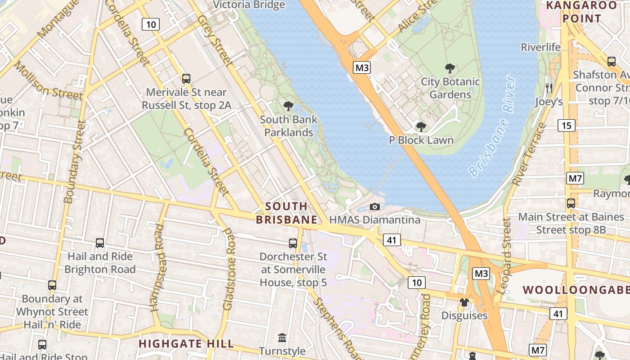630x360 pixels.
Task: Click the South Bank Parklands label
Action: (288, 126)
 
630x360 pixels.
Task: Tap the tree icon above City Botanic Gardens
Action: (450, 68)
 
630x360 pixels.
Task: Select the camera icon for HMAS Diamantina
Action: (374, 207)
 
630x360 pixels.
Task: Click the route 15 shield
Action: (566, 126)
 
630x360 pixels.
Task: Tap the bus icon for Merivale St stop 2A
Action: (186, 79)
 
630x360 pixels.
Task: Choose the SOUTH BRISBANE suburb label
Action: (287, 213)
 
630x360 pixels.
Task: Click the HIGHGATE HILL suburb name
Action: (186, 344)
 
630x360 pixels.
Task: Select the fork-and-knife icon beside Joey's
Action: (549, 88)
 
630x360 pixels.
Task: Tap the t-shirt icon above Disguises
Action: (464, 302)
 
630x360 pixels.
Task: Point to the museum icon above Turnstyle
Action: (282, 337)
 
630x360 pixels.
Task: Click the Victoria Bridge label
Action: (249, 5)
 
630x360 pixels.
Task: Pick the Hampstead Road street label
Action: (158, 268)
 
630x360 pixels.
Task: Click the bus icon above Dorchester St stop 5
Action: (293, 243)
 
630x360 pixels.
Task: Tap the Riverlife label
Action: (540, 47)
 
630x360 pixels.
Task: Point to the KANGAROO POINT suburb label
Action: (581, 12)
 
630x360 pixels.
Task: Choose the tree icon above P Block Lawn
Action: (421, 127)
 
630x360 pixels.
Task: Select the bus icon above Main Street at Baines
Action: (571, 203)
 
